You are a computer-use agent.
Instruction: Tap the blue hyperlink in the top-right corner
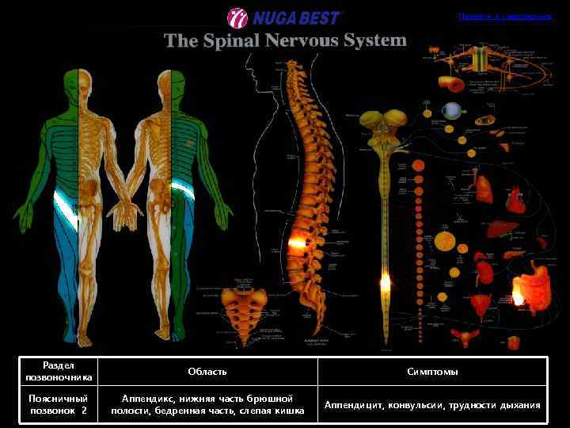[x=504, y=16]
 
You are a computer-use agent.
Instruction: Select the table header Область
[x=207, y=371]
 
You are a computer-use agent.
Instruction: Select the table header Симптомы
[x=432, y=371]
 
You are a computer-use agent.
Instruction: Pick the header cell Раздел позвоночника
[x=58, y=371]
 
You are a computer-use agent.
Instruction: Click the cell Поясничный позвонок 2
[x=58, y=404]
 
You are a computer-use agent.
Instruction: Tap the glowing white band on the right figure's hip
[x=180, y=191]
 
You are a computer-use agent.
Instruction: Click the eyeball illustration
[x=452, y=111]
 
